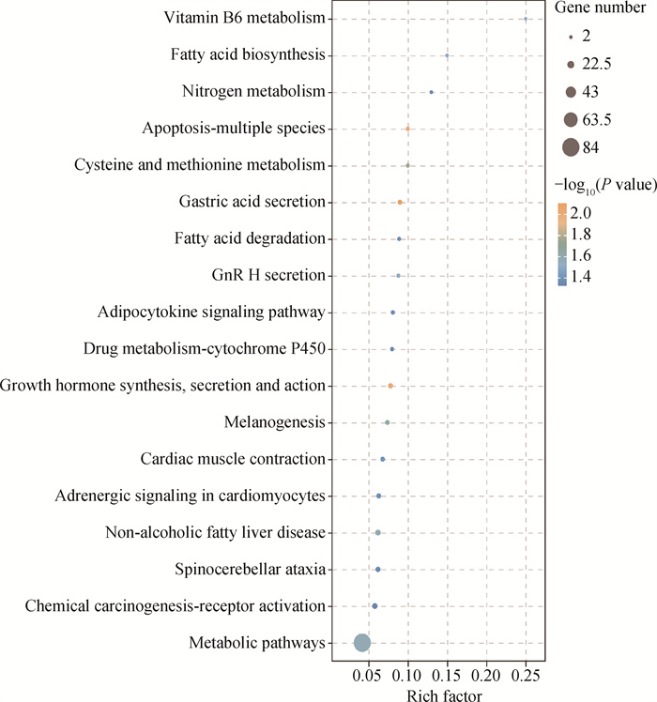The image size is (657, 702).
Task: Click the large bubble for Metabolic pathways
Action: pyautogui.click(x=361, y=643)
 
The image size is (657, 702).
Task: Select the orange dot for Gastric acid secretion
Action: pyautogui.click(x=400, y=202)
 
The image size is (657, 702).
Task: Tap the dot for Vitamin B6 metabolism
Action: pyautogui.click(x=526, y=19)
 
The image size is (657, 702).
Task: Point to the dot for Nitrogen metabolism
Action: pyautogui.click(x=431, y=92)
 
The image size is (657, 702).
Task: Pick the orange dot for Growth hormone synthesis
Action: pyautogui.click(x=390, y=386)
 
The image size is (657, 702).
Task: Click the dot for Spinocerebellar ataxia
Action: pyautogui.click(x=378, y=570)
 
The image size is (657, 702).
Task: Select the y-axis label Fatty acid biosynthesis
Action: pyautogui.click(x=248, y=55)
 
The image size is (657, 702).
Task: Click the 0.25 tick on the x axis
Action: pyautogui.click(x=526, y=674)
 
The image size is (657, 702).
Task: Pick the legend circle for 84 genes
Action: pyautogui.click(x=570, y=147)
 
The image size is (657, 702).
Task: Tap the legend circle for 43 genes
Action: pyautogui.click(x=570, y=92)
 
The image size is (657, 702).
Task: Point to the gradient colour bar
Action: pyautogui.click(x=560, y=243)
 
